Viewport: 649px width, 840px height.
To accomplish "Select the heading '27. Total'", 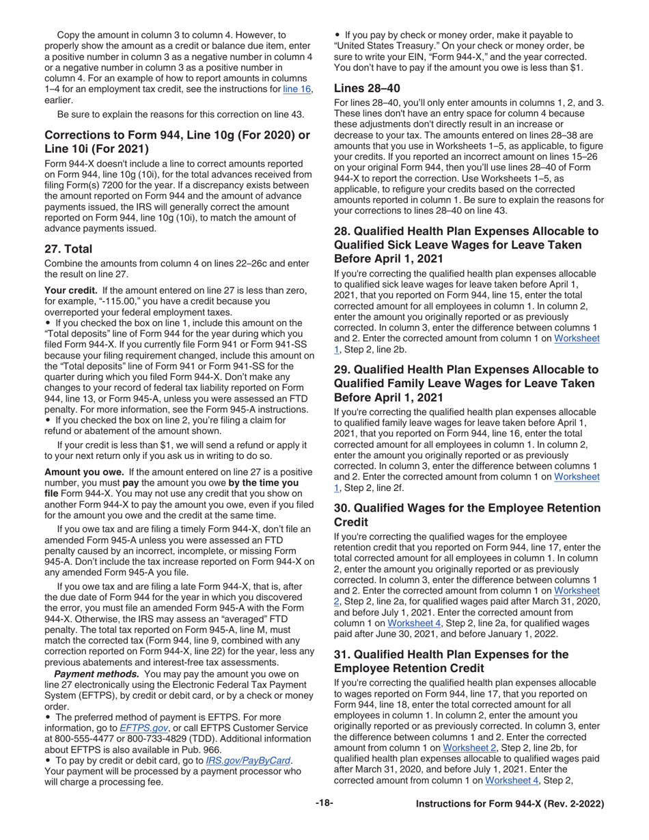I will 68,249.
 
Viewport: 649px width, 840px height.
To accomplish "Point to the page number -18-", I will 324,804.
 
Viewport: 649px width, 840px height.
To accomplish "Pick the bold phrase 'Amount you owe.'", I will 83,472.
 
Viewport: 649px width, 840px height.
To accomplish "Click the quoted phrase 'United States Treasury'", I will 384,46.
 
